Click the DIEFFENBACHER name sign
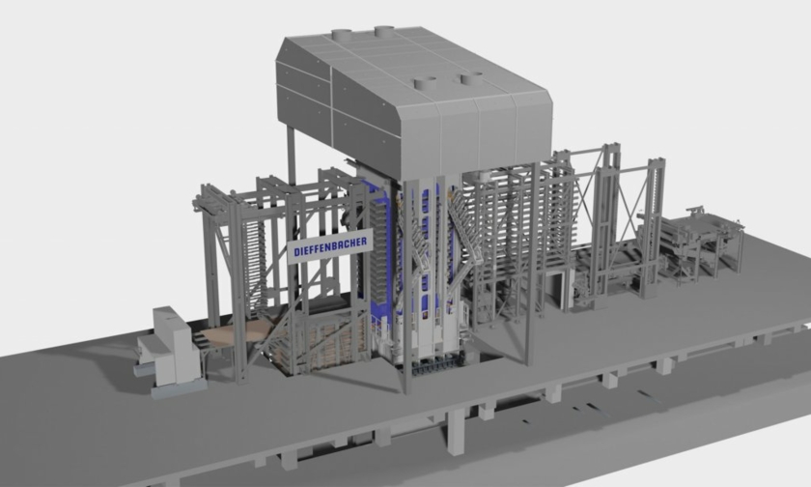pyautogui.click(x=329, y=245)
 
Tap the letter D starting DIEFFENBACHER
pyautogui.click(x=297, y=252)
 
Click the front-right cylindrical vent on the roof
pyautogui.click(x=471, y=79)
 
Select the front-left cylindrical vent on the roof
pyautogui.click(x=425, y=83)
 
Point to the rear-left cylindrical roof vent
pyautogui.click(x=342, y=35)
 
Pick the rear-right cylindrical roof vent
pyautogui.click(x=384, y=31)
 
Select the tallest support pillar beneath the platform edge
pyautogui.click(x=456, y=432)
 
